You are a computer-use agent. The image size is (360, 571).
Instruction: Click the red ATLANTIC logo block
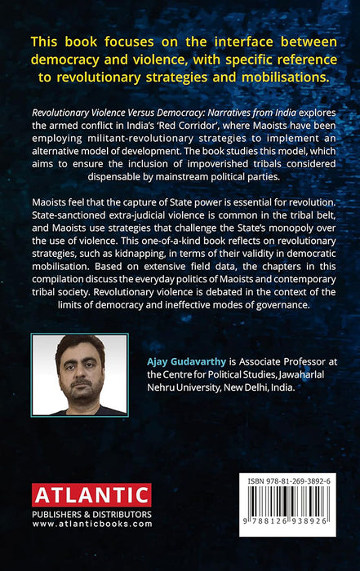point(91,495)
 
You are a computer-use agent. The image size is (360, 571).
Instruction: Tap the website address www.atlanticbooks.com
point(91,525)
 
